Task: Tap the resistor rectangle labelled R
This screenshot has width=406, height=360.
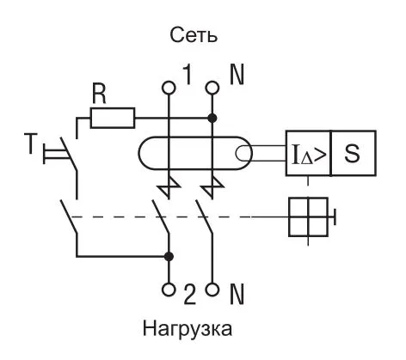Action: click(112, 117)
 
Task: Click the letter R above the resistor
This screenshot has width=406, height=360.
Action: click(100, 94)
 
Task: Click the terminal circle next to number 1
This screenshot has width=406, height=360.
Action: click(169, 87)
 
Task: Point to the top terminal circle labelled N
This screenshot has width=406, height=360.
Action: click(212, 87)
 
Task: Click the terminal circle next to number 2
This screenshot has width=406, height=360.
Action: click(169, 289)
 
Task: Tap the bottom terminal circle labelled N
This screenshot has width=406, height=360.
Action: click(212, 289)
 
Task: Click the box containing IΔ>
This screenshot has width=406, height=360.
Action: click(308, 155)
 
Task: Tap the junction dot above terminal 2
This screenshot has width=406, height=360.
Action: click(169, 256)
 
